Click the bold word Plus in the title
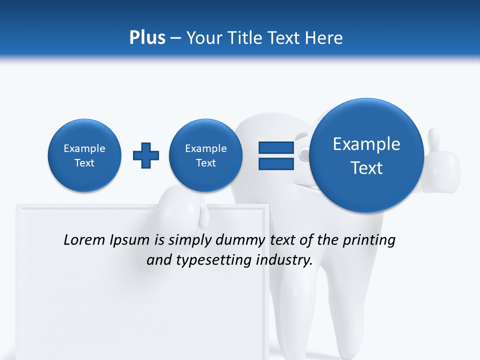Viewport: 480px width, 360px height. point(147,37)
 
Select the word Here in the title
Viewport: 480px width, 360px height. point(324,37)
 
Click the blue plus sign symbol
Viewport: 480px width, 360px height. point(146,155)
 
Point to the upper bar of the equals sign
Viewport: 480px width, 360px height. point(276,147)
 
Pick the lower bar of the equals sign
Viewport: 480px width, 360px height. point(276,163)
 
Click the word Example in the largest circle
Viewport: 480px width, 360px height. point(366,144)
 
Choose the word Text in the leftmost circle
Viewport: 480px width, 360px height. point(84,163)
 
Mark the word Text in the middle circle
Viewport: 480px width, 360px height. point(205,163)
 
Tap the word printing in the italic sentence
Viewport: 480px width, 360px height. point(370,240)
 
